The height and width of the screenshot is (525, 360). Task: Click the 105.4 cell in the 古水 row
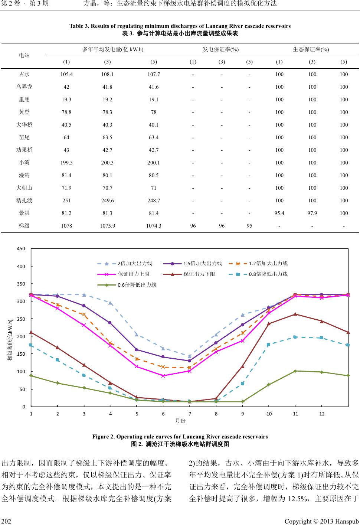tap(66, 74)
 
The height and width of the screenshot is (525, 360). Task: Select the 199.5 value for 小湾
tap(66, 163)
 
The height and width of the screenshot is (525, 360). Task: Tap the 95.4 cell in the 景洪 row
tap(279, 213)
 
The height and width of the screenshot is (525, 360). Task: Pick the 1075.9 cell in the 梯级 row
tap(108, 226)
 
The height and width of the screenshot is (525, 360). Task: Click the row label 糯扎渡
tap(24, 200)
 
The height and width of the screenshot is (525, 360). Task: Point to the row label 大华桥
tap(24, 125)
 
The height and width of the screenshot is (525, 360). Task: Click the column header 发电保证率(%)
tap(221, 49)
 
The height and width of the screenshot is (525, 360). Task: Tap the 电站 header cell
tap(24, 55)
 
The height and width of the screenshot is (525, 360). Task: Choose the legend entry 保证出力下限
tap(199, 274)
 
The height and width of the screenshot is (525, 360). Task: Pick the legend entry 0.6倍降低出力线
tap(137, 285)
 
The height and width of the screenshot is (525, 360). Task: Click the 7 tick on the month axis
tap(190, 414)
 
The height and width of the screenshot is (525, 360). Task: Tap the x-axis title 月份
tap(180, 421)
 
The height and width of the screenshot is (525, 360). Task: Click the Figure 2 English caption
tap(180, 436)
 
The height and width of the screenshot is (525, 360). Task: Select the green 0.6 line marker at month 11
tap(295, 371)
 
